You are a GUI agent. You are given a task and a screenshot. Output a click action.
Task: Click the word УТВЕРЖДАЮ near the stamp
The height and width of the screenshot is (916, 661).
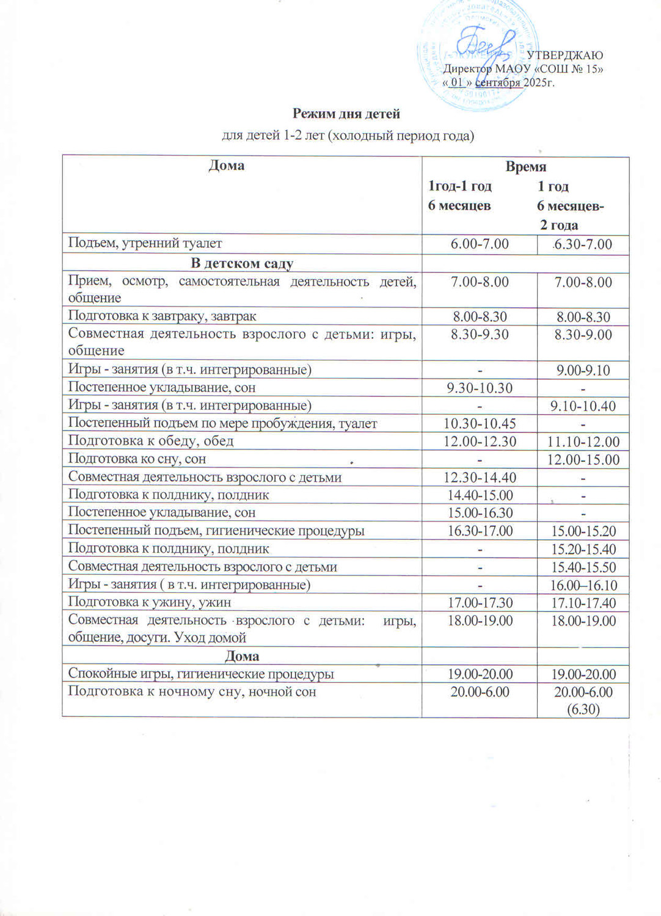tap(564, 56)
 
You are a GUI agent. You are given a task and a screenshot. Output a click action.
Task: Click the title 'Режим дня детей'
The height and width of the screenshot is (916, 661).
tap(346, 114)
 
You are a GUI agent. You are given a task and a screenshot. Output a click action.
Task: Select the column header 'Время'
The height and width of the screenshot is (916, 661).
tap(525, 167)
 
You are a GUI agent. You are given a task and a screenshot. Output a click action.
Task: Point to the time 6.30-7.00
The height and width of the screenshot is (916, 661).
tap(583, 244)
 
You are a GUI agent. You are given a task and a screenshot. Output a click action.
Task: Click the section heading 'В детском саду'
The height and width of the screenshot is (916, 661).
tap(242, 264)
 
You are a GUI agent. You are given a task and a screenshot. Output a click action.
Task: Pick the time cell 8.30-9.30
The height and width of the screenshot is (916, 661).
tap(480, 334)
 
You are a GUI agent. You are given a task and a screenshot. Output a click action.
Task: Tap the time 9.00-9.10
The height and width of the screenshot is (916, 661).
tap(583, 370)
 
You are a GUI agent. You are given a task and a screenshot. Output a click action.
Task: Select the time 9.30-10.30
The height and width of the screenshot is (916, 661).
tap(480, 388)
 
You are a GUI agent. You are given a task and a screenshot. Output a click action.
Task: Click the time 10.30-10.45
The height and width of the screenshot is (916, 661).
tap(480, 423)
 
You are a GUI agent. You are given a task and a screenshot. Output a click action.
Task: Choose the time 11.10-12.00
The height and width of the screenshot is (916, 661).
tap(583, 442)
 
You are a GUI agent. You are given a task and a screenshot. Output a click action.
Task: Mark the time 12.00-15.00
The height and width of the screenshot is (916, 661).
tap(583, 459)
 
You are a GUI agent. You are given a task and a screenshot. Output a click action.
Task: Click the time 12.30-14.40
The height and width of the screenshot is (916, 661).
tap(480, 478)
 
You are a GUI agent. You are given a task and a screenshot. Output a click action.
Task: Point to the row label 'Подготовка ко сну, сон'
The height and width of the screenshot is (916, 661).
tap(137, 459)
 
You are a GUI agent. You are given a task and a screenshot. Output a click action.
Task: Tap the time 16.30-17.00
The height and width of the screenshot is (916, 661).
tap(480, 531)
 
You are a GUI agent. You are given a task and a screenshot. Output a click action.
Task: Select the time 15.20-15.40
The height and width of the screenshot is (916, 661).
tap(583, 549)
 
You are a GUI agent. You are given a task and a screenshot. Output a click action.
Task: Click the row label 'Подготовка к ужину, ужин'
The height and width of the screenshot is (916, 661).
tap(150, 602)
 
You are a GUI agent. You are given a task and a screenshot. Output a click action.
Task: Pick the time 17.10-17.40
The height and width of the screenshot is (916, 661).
tap(583, 603)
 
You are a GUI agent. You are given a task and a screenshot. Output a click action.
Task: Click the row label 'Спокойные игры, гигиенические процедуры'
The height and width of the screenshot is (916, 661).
tap(201, 674)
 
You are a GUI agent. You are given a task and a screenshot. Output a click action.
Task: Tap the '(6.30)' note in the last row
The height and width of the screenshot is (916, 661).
tap(583, 709)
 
